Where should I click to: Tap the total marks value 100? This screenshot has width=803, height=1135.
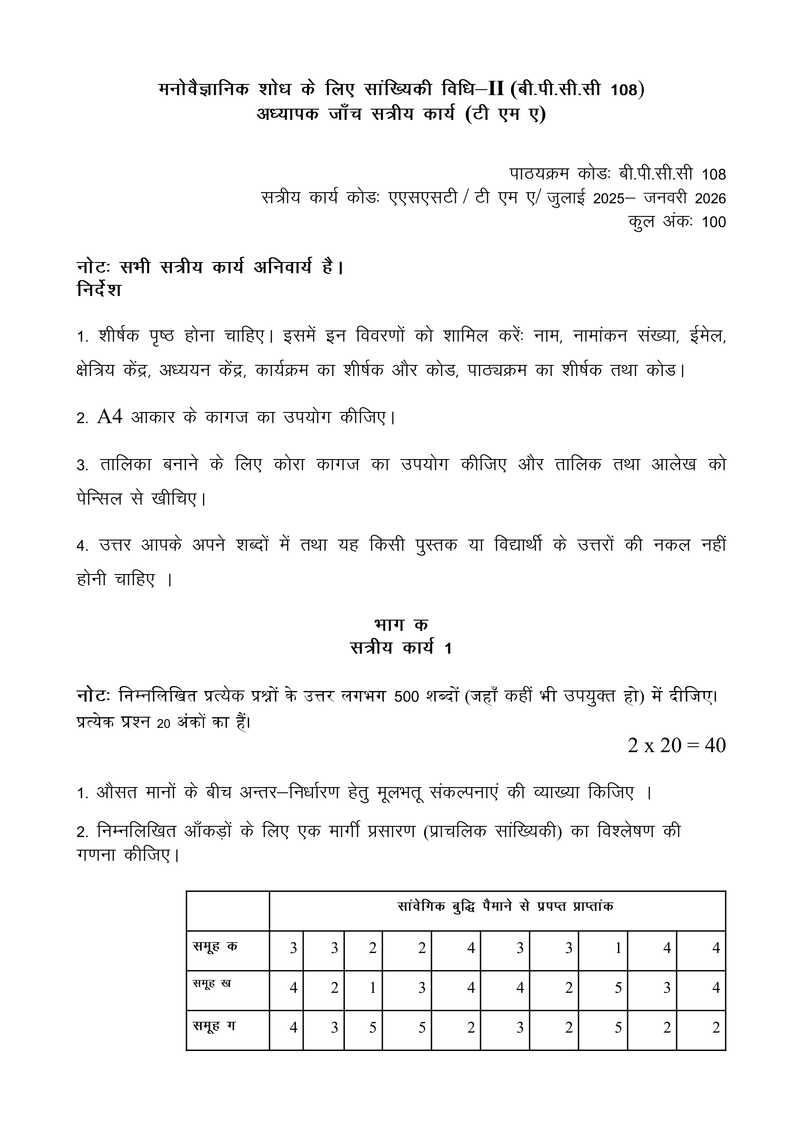[x=714, y=222]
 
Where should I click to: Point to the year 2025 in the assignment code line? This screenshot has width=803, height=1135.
[x=609, y=198]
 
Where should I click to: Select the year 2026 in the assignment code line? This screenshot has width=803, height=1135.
[x=710, y=198]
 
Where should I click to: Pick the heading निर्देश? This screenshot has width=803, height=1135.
[x=100, y=290]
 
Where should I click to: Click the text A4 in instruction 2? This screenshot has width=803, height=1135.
[x=110, y=417]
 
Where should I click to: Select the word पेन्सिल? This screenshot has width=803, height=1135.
[x=100, y=499]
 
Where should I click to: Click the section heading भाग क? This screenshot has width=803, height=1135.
[x=401, y=625]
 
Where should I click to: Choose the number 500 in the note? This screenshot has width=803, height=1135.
[x=409, y=696]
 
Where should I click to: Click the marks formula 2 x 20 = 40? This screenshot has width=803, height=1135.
[x=676, y=745]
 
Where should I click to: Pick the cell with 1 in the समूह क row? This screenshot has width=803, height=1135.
[x=618, y=948]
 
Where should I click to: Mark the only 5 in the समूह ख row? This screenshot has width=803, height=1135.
[x=618, y=987]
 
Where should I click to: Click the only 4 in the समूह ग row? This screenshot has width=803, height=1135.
[x=293, y=1028]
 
